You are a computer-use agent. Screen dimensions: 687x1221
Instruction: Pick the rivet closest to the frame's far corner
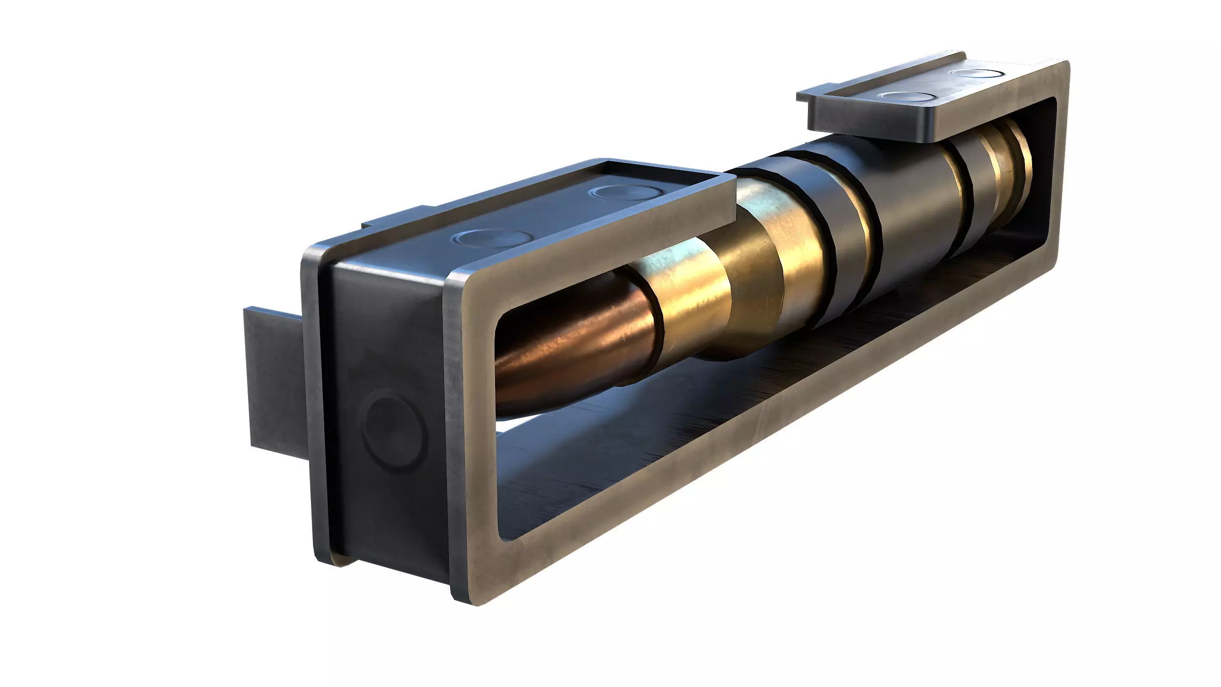click(978, 74)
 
